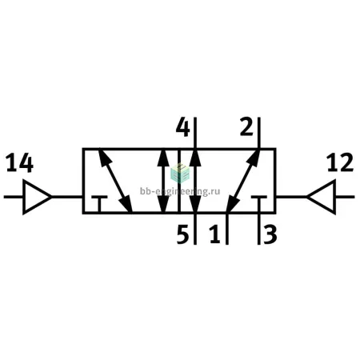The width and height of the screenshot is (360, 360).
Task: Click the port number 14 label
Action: pyautogui.click(x=19, y=162)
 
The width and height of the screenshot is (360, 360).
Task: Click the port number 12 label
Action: pyautogui.click(x=340, y=162)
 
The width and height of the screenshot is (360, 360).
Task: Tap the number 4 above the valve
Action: pyautogui.click(x=183, y=127)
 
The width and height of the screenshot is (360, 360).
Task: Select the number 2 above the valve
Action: pyautogui.click(x=246, y=126)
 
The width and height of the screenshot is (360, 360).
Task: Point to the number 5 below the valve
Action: pyautogui.click(x=182, y=234)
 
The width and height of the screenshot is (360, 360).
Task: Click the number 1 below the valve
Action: pyautogui.click(x=215, y=234)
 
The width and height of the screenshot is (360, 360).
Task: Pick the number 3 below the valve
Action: pyautogui.click(x=270, y=234)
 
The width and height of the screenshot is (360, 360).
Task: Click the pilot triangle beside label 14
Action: pyautogui.click(x=37, y=197)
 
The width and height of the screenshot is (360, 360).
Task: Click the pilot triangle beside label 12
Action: pyautogui.click(x=322, y=197)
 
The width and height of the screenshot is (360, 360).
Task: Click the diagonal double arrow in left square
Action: pyautogui.click(x=115, y=181)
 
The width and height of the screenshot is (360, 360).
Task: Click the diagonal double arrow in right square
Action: pyautogui.click(x=243, y=181)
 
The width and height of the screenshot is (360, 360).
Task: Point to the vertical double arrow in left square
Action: pyautogui.click(x=163, y=181)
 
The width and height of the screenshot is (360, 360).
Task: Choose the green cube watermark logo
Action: pyautogui.click(x=180, y=173)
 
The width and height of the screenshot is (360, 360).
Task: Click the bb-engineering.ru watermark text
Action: pyautogui.click(x=180, y=191)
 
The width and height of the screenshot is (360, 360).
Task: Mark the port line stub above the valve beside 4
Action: pyautogui.click(x=195, y=133)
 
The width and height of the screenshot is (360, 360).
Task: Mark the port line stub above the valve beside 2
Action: pyautogui.click(x=258, y=133)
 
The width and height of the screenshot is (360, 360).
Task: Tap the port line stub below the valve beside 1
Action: pyautogui.click(x=227, y=229)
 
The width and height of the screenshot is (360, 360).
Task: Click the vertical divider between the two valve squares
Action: pyautogui.click(x=179, y=181)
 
